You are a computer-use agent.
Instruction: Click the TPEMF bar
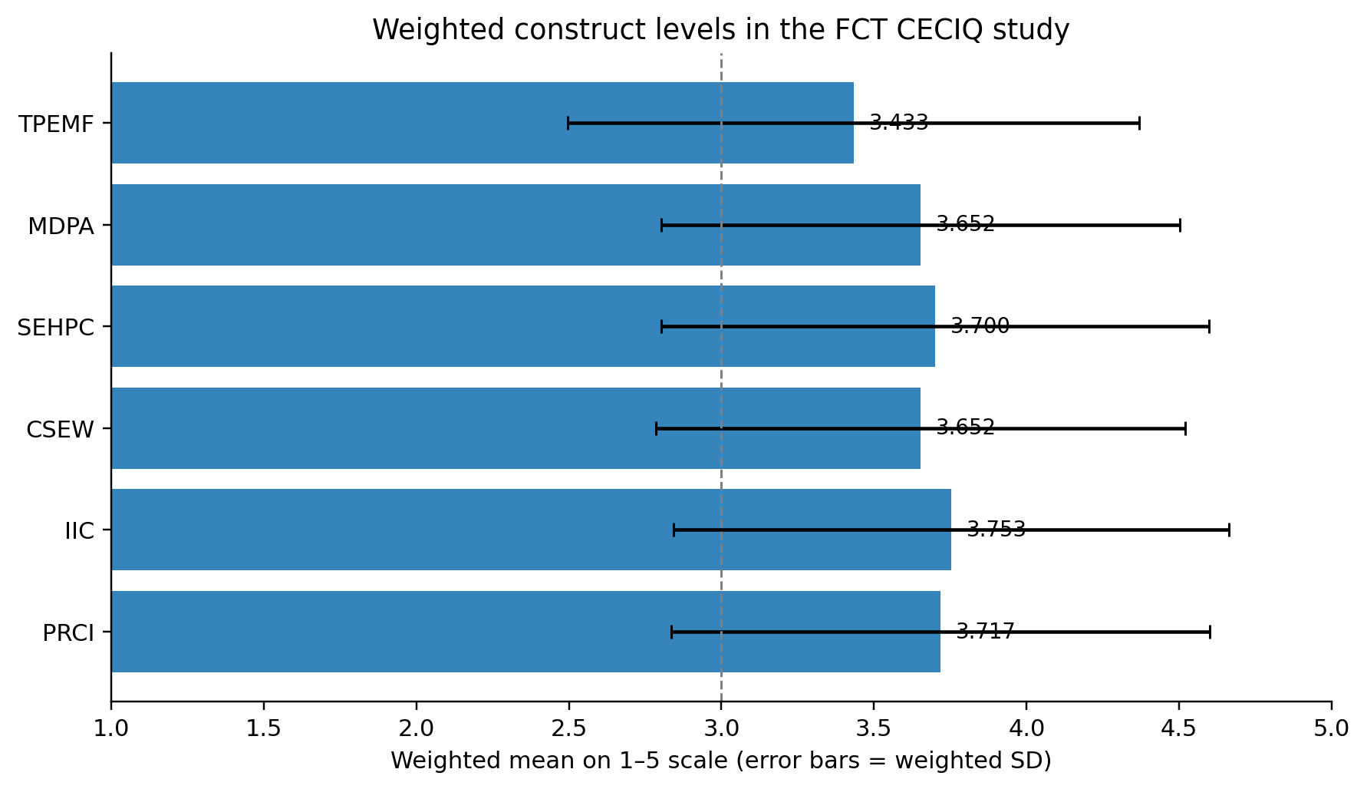(483, 123)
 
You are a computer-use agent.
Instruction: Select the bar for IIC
(532, 530)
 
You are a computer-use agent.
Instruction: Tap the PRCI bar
(526, 632)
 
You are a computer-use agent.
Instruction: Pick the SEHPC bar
(523, 326)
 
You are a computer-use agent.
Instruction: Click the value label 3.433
(898, 123)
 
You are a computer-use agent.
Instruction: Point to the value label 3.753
(996, 530)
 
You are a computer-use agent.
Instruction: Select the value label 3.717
(985, 632)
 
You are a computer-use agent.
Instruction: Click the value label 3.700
(980, 326)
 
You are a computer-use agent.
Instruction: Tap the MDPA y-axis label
(61, 226)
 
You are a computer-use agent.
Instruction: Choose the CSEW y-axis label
(60, 430)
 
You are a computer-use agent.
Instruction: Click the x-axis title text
(721, 761)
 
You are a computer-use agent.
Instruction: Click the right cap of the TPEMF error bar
(1139, 123)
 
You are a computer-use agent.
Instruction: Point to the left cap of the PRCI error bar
(671, 632)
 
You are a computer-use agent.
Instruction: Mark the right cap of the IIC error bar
(1229, 530)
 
